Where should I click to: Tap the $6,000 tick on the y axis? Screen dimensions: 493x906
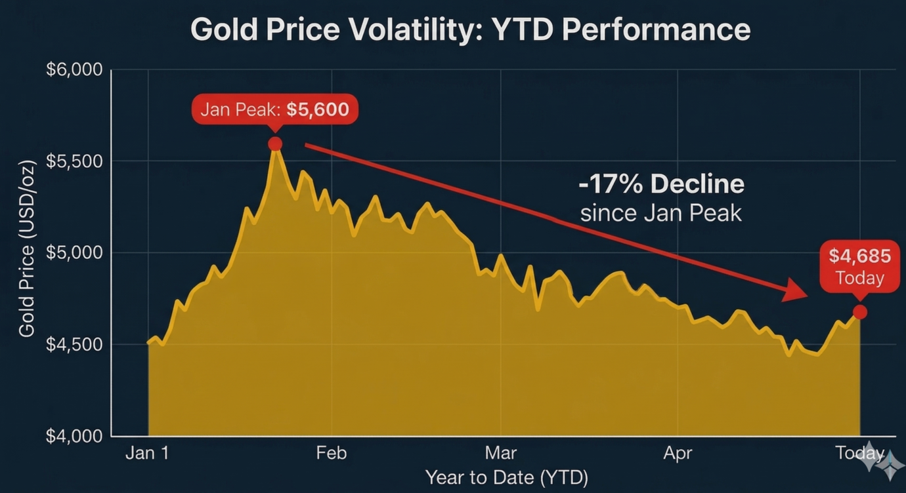click(x=74, y=69)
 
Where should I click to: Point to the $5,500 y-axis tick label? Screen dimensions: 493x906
click(x=74, y=161)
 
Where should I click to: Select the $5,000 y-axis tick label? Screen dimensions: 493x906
click(x=74, y=252)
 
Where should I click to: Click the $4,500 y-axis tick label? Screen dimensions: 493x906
click(x=74, y=344)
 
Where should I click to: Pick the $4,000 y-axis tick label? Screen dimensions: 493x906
click(x=74, y=436)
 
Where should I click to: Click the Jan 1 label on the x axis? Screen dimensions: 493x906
click(x=147, y=453)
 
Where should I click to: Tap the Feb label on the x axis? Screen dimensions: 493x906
click(x=331, y=453)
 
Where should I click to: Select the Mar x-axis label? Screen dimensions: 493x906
click(x=501, y=453)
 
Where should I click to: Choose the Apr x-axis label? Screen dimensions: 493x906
click(x=678, y=453)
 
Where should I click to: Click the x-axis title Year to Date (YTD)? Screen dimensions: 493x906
click(x=506, y=477)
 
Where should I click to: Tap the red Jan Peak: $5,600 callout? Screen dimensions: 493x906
click(x=274, y=109)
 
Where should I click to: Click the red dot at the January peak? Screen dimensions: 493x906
click(x=275, y=144)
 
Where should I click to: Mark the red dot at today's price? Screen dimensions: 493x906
click(x=859, y=312)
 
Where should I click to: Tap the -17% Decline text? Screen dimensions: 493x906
click(x=661, y=184)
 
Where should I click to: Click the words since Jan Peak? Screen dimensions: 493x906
click(x=661, y=213)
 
